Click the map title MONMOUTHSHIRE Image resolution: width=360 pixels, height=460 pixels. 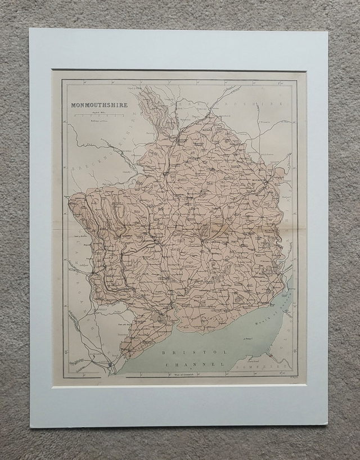point(100,105)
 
